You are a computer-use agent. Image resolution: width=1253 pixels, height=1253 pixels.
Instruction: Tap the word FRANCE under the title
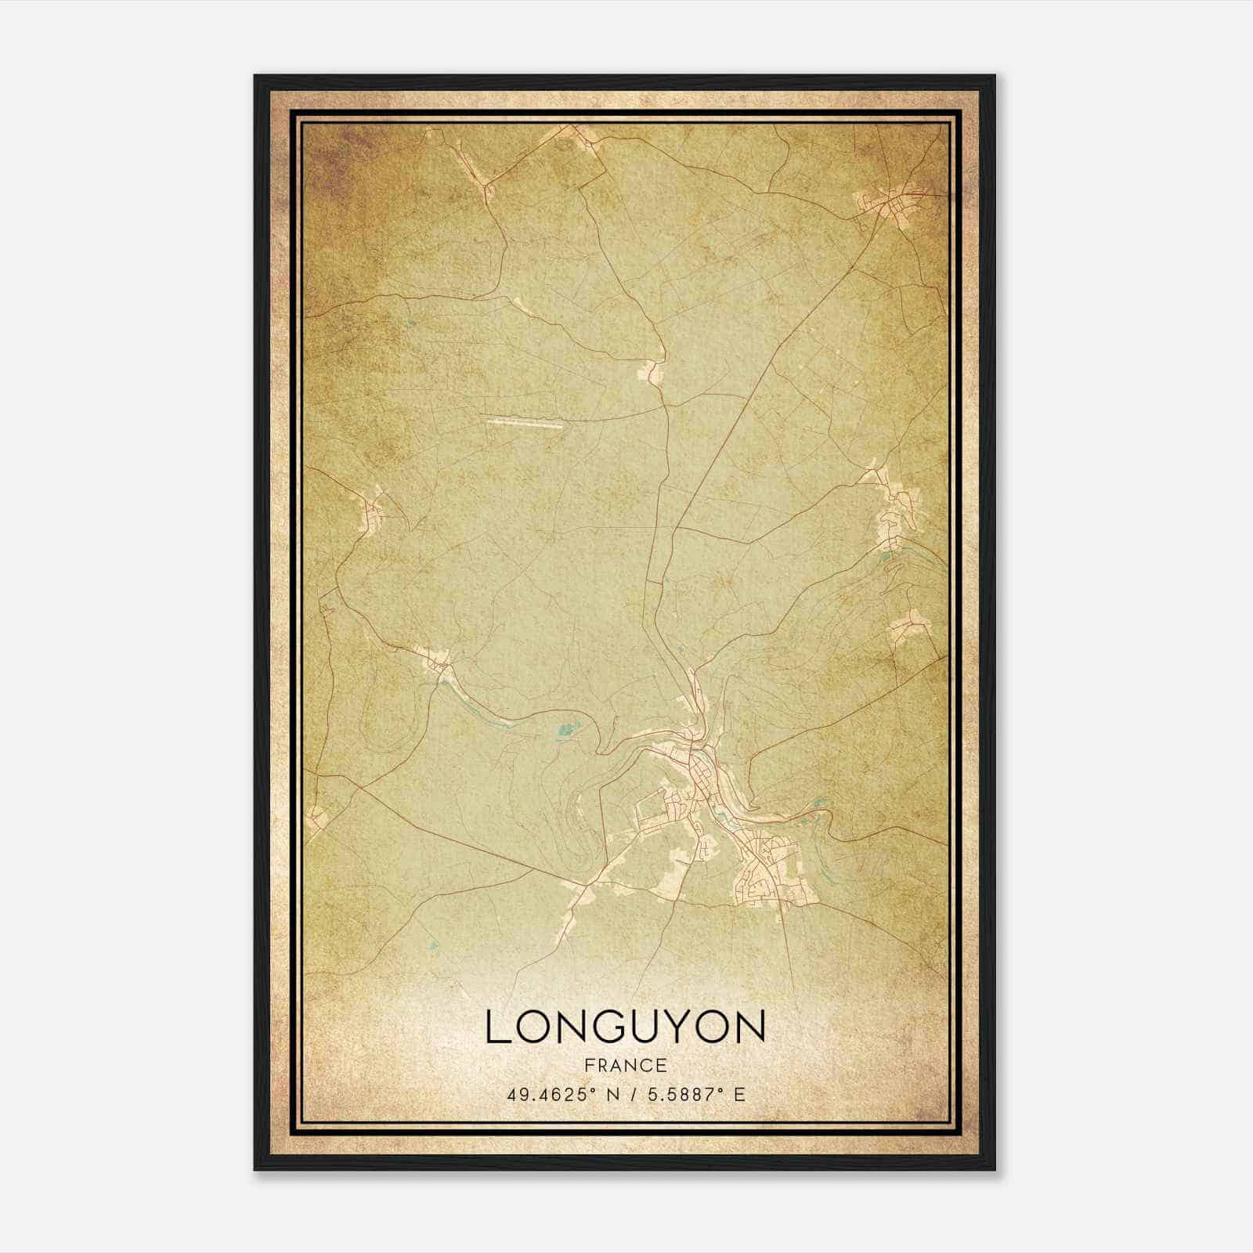[626, 1065]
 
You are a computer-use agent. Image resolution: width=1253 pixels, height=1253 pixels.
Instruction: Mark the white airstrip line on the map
[524, 424]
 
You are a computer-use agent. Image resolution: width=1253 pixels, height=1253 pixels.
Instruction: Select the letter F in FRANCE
[589, 1065]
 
